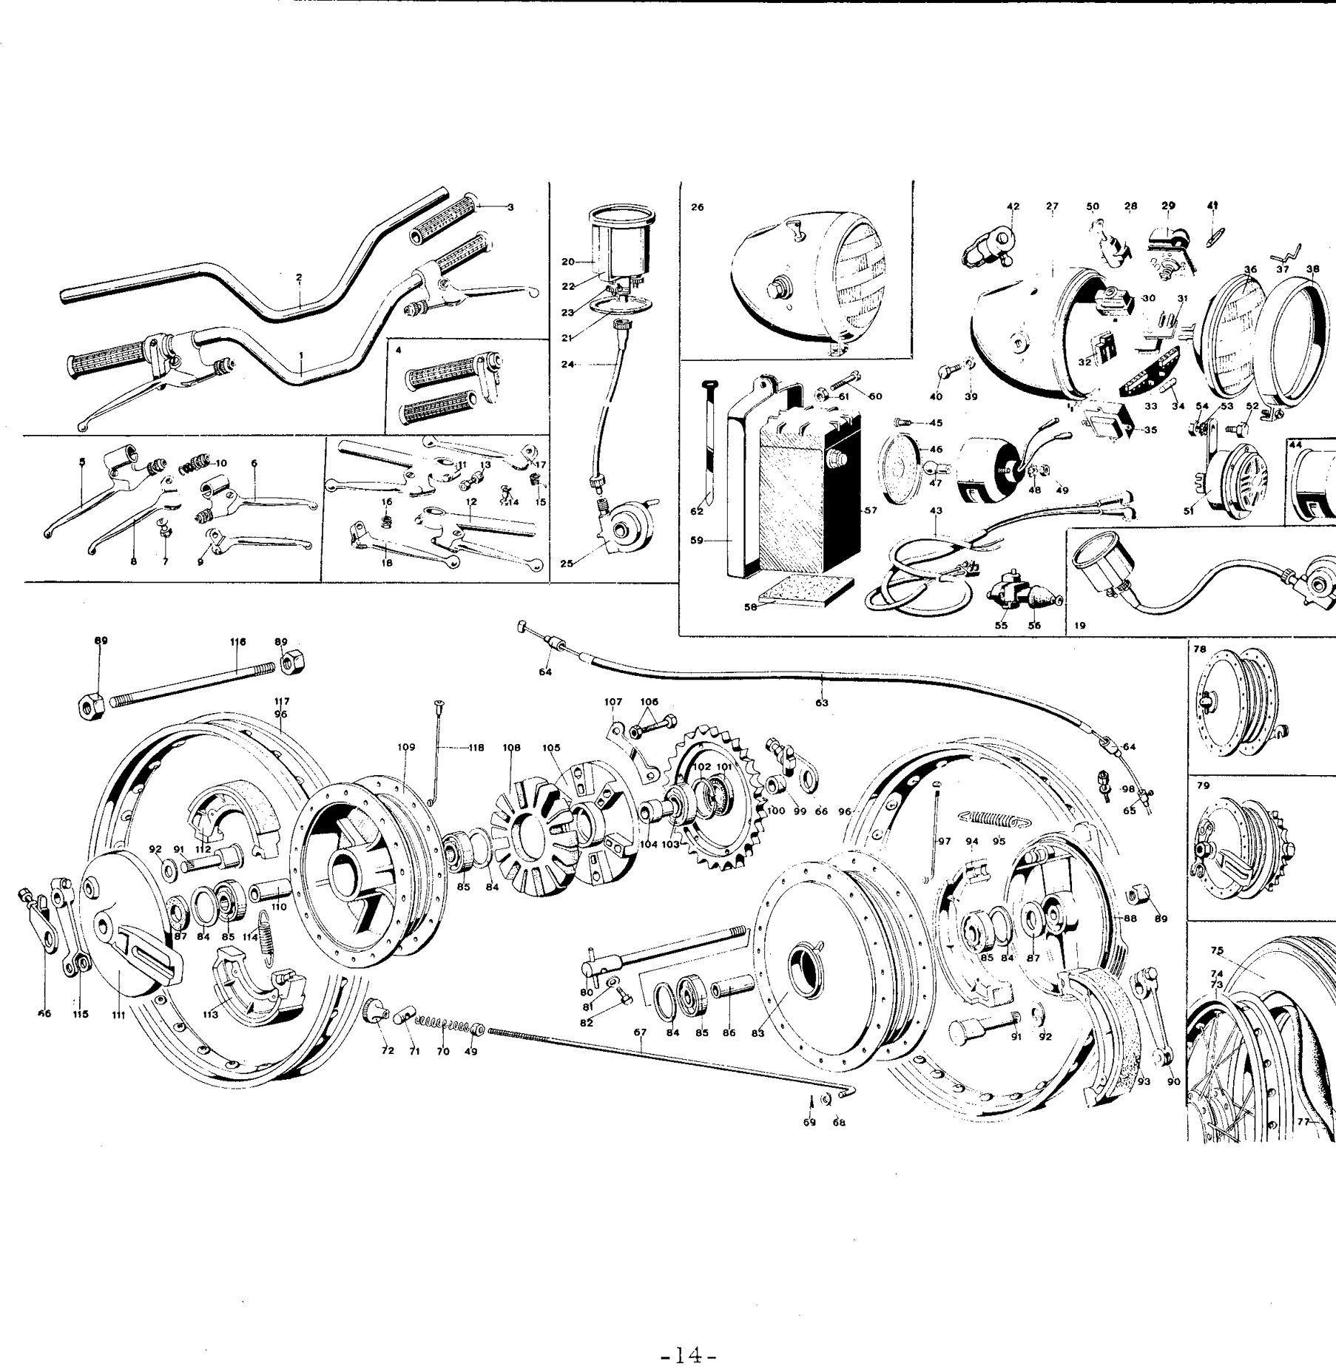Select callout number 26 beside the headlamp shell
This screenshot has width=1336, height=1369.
tap(697, 208)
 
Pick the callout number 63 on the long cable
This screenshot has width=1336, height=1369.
tap(821, 703)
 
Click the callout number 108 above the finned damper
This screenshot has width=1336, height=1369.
tap(512, 748)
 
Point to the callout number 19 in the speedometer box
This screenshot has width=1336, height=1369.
tap(1080, 626)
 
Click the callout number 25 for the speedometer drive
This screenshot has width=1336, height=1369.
tap(567, 564)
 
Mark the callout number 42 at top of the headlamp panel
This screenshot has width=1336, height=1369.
tap(1013, 207)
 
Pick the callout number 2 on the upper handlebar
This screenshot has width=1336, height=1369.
tap(299, 278)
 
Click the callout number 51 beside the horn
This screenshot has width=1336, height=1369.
tap(1190, 510)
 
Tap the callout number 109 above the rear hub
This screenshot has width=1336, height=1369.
tap(406, 748)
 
